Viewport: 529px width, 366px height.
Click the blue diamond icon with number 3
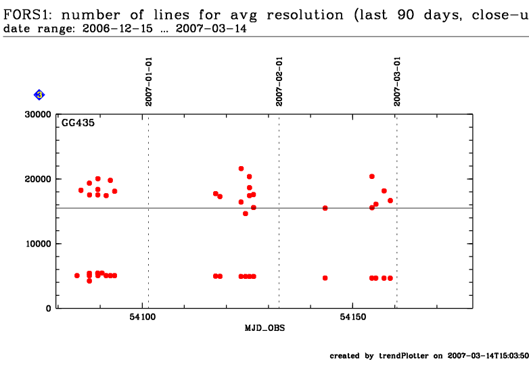[x=39, y=95]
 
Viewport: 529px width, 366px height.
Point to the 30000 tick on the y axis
[x=39, y=114]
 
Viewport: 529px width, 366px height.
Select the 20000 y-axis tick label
[x=39, y=179]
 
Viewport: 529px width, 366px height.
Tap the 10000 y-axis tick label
[x=39, y=244]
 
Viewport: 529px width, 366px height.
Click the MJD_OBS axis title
[x=264, y=328]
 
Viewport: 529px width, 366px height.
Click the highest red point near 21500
[x=241, y=169]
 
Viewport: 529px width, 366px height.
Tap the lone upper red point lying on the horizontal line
[x=325, y=208]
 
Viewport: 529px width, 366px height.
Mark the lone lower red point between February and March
[x=325, y=278]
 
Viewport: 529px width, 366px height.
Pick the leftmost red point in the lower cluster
[x=77, y=276]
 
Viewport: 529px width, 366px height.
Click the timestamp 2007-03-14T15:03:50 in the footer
[x=488, y=356]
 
